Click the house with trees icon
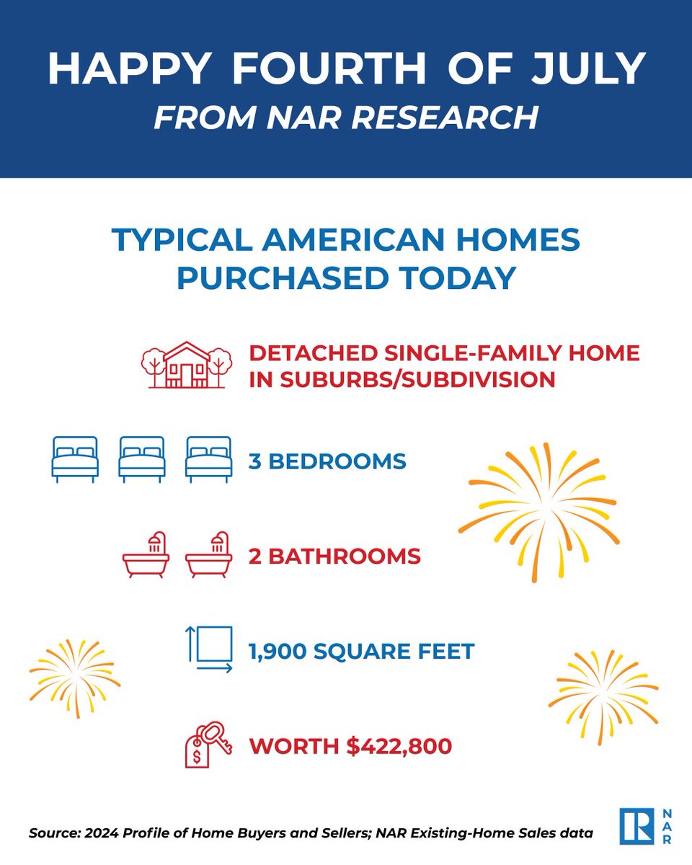[x=186, y=365]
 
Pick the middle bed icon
[x=142, y=459]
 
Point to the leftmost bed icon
[x=75, y=459]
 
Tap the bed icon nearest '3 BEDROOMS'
[x=208, y=459]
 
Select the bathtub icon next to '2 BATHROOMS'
[x=209, y=556]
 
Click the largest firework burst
[x=538, y=512]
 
